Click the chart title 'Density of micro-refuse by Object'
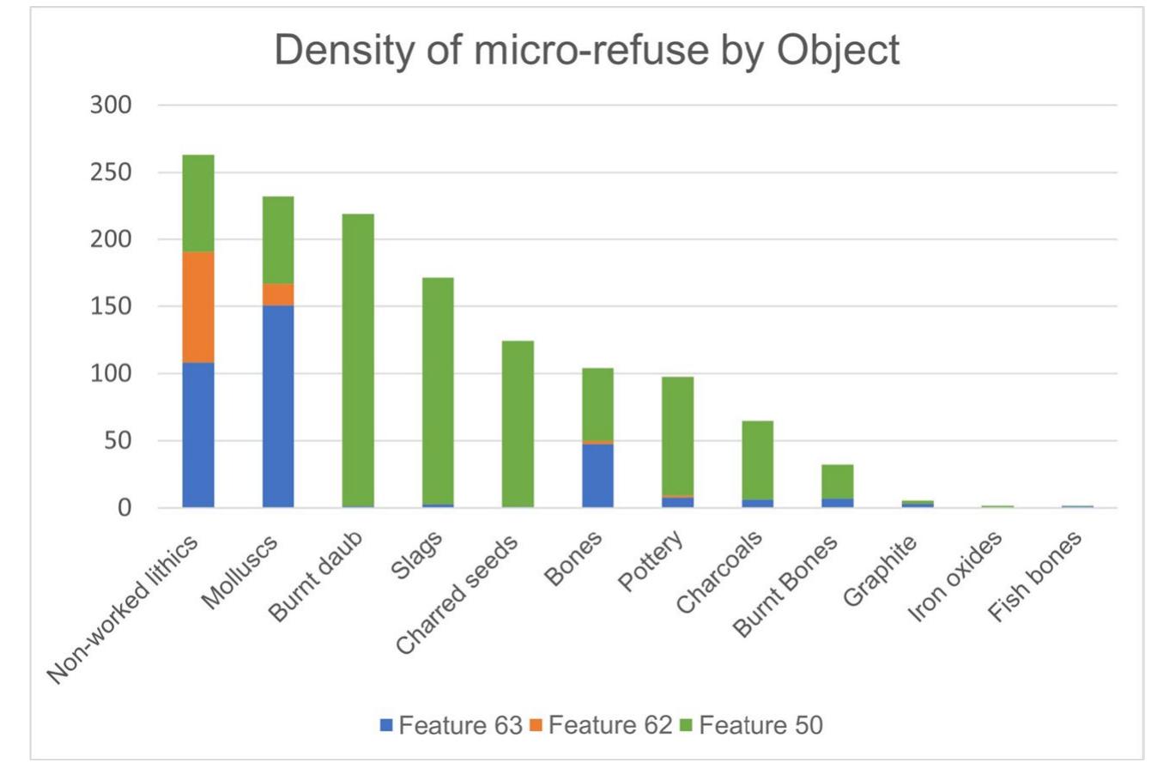point(587,51)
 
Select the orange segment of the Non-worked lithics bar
point(198,307)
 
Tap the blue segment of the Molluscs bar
point(278,406)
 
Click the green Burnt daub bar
point(358,360)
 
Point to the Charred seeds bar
point(518,424)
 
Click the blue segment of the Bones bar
point(597,475)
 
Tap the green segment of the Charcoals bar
point(757,460)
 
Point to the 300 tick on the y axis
point(111,106)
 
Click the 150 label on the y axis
point(111,306)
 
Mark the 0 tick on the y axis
point(124,508)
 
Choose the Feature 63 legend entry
point(451,725)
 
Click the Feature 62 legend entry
point(600,725)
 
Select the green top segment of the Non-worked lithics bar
point(198,203)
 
